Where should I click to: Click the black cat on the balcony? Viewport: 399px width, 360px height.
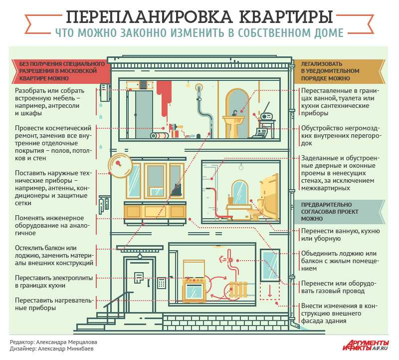click(176, 189)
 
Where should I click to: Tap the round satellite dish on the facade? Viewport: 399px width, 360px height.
click(120, 166)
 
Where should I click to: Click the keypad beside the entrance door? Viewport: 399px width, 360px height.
click(161, 283)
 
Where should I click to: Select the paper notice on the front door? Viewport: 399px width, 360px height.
click(139, 277)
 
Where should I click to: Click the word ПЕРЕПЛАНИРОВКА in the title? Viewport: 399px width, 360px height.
click(149, 17)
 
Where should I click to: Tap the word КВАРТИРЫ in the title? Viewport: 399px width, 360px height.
click(285, 17)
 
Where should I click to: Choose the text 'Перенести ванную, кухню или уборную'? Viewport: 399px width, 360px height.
click(341, 235)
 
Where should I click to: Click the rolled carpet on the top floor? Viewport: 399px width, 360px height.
click(160, 135)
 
